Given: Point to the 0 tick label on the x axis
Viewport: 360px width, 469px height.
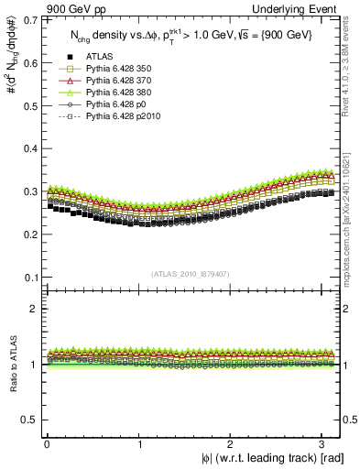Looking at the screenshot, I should click(47, 444).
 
